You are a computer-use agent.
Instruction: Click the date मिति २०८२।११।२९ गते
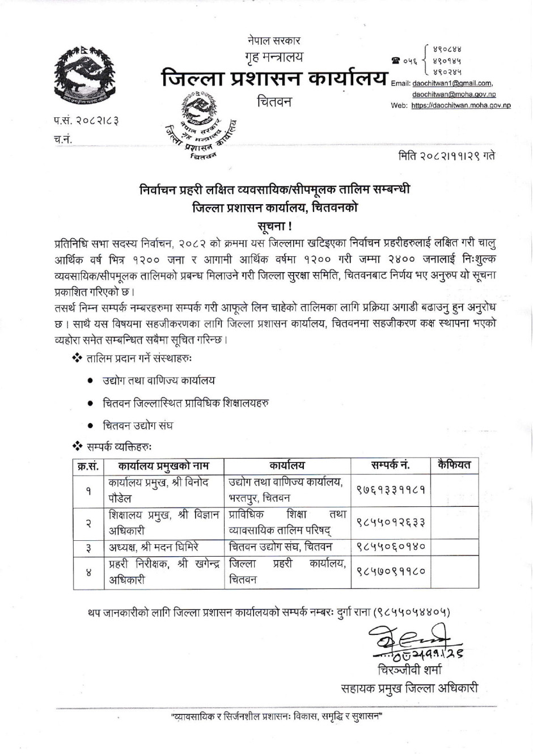(447, 155)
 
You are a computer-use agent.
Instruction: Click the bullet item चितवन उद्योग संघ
(138, 425)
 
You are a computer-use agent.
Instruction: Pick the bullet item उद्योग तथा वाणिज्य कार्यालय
(159, 380)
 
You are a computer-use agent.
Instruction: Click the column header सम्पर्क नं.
(391, 465)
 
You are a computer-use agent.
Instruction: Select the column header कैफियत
(454, 465)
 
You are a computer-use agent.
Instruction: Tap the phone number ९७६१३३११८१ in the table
(391, 490)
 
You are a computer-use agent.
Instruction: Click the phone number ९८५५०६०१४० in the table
(391, 547)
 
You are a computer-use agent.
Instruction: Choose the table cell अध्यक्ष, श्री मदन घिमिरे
(154, 547)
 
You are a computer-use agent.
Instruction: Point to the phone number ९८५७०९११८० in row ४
(391, 571)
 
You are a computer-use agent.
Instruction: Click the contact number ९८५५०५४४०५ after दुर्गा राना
(414, 612)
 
